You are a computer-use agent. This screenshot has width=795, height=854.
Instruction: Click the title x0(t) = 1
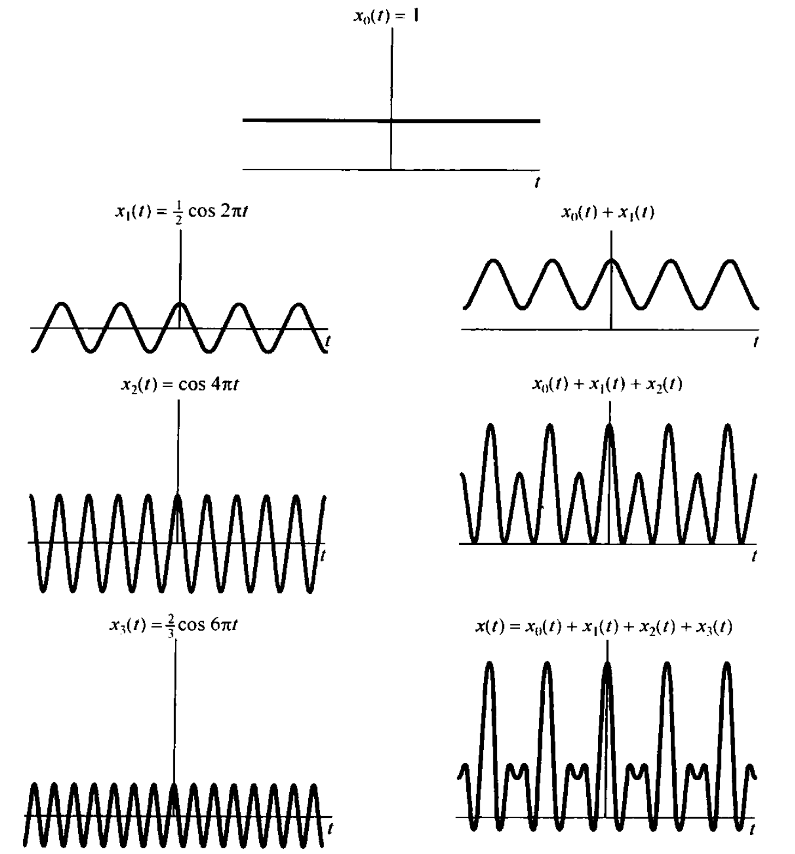click(386, 16)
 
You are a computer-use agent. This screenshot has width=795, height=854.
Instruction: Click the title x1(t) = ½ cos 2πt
click(181, 211)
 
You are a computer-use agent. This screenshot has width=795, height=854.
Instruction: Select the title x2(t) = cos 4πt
click(180, 385)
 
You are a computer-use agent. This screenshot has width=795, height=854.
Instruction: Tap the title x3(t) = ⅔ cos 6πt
click(173, 625)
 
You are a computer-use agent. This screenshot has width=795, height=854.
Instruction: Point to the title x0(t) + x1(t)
click(607, 213)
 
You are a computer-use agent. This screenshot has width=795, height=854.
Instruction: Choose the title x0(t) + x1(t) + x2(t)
click(607, 385)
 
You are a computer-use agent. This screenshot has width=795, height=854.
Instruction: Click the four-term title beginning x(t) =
click(604, 627)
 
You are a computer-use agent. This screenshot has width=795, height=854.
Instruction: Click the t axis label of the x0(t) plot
click(537, 183)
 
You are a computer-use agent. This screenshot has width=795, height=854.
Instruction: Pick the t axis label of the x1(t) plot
click(328, 341)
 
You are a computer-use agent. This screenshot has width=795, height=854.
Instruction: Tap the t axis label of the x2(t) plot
click(322, 555)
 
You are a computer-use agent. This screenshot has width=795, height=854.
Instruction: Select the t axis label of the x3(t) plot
click(329, 828)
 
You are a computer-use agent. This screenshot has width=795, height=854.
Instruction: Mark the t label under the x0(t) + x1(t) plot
click(755, 342)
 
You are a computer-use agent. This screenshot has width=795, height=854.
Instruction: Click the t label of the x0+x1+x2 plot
click(754, 556)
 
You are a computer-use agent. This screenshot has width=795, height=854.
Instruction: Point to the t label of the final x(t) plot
click(751, 830)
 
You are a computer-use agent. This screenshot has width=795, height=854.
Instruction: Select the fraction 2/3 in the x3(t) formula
click(170, 625)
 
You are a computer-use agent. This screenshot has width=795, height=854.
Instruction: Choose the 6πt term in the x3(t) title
click(224, 625)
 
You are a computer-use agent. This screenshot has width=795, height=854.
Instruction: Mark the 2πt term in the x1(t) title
click(234, 211)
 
